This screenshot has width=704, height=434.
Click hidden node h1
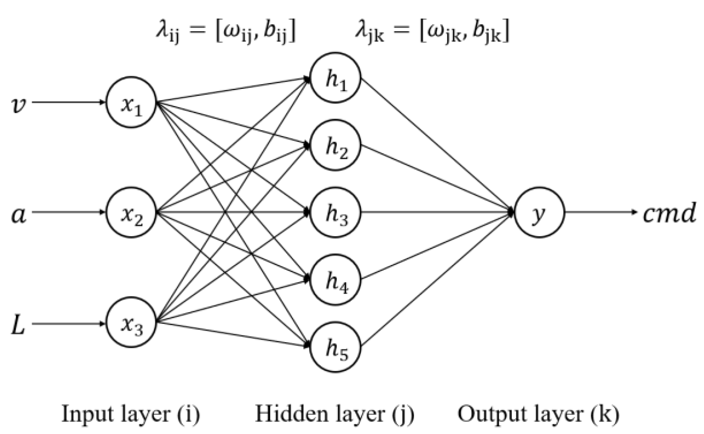[x=335, y=78]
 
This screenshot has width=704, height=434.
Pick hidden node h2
[x=335, y=145]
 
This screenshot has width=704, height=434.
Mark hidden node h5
[x=335, y=347]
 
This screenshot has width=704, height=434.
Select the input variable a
[x=18, y=215]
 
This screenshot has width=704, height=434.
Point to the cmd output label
[x=669, y=213]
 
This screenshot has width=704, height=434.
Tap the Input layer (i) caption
[x=131, y=414]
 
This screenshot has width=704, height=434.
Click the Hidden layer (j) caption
[x=335, y=414]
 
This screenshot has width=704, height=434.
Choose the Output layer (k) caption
[x=538, y=414]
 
